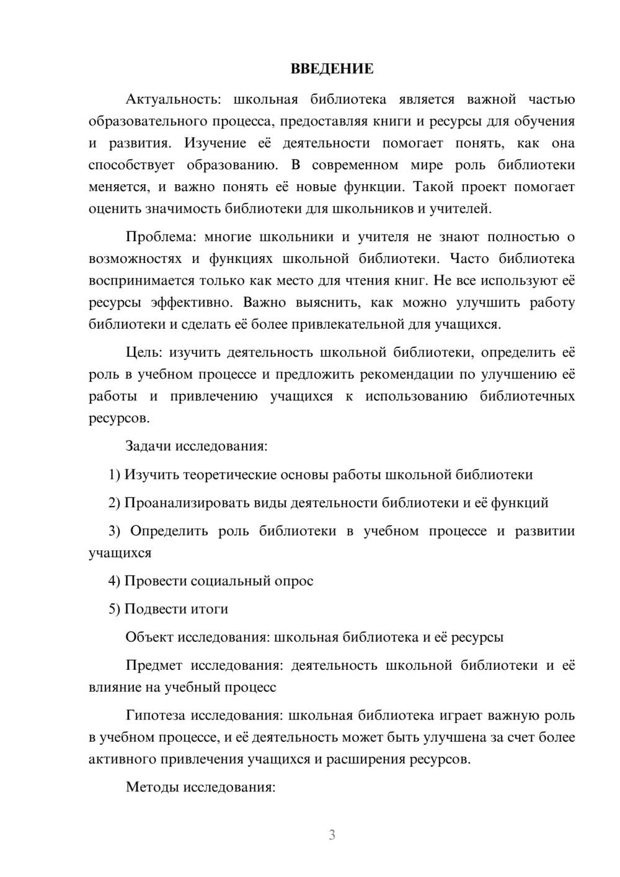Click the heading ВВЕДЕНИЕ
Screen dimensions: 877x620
click(332, 69)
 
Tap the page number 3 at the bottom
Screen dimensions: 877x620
click(332, 835)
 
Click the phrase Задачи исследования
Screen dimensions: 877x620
click(196, 446)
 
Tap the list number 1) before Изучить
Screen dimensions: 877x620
click(114, 474)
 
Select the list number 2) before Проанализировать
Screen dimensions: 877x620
click(114, 502)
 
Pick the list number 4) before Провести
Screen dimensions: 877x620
click(114, 581)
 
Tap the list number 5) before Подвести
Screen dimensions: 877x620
click(114, 609)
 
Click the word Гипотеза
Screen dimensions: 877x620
click(155, 715)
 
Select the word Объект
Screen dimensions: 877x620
click(149, 637)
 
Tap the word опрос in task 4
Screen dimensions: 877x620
click(293, 581)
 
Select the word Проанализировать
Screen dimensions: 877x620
click(187, 502)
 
